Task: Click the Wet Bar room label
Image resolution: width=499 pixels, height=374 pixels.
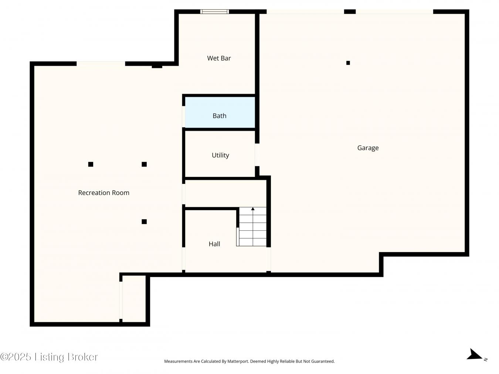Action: [x=219, y=58]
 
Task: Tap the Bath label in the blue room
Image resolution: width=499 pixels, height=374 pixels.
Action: [x=220, y=116]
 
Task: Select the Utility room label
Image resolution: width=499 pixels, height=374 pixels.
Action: [x=220, y=155]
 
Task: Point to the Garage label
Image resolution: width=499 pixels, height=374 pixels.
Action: [x=368, y=148]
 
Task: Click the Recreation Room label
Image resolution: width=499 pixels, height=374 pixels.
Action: [x=103, y=193]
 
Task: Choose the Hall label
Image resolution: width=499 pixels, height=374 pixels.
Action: [x=214, y=244]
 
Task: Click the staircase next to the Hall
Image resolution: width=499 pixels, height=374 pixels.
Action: [x=251, y=227]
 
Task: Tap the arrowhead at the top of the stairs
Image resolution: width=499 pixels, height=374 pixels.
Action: [x=253, y=209]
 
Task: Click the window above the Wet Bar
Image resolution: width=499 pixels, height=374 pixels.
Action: [x=215, y=11]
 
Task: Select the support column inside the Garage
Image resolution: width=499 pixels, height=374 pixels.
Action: [x=348, y=63]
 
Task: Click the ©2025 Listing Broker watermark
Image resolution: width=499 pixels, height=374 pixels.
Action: [x=49, y=357]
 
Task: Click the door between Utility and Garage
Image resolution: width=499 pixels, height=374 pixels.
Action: [x=257, y=155]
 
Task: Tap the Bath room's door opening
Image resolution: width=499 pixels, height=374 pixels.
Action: [x=183, y=117]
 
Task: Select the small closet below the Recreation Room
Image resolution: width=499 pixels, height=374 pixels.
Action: [x=134, y=299]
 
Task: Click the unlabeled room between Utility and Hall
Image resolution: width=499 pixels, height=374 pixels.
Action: [x=226, y=193]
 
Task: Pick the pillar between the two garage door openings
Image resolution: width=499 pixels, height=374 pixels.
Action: [x=350, y=11]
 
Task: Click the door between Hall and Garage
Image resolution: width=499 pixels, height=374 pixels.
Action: [x=268, y=259]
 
